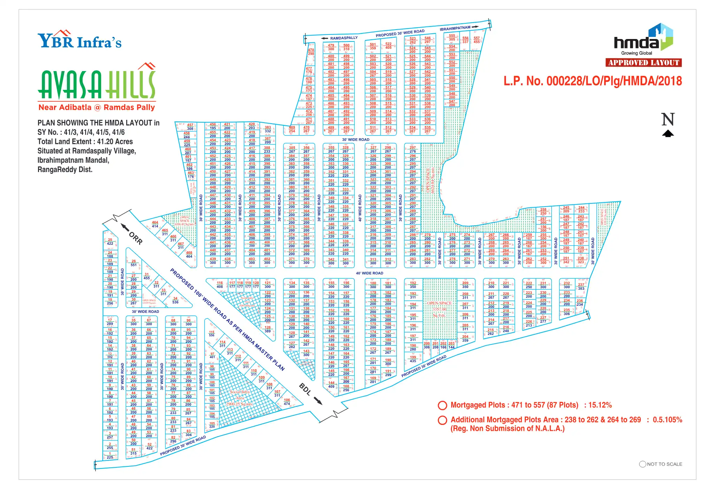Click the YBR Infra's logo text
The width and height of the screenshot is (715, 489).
point(79,41)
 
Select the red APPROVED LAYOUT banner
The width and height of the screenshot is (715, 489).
point(643,63)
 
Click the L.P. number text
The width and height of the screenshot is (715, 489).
point(592,81)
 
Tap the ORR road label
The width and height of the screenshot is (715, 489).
point(136,238)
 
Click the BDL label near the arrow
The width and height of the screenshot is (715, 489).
point(305,389)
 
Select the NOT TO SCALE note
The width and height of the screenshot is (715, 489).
point(661,464)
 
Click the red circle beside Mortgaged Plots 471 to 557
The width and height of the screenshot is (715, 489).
point(442,405)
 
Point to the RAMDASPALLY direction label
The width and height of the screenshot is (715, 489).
point(344,38)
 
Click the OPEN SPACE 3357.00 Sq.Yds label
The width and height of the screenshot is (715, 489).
point(439,309)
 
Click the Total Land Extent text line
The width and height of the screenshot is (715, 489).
point(85,142)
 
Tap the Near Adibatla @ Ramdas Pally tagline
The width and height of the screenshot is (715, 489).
point(97,108)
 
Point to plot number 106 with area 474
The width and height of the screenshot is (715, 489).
point(287,402)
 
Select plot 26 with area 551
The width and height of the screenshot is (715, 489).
point(133,263)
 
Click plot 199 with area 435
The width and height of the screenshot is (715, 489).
point(413,359)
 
